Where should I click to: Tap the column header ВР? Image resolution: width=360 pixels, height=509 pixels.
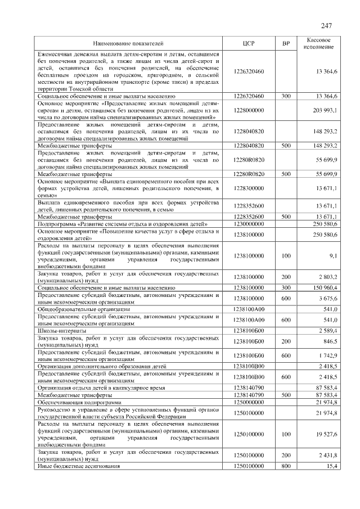(286, 43)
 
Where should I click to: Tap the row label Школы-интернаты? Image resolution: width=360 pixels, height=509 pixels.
(61, 330)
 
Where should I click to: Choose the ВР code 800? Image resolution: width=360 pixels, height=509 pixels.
(286, 466)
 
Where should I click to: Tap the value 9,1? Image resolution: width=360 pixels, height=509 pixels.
(333, 256)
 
